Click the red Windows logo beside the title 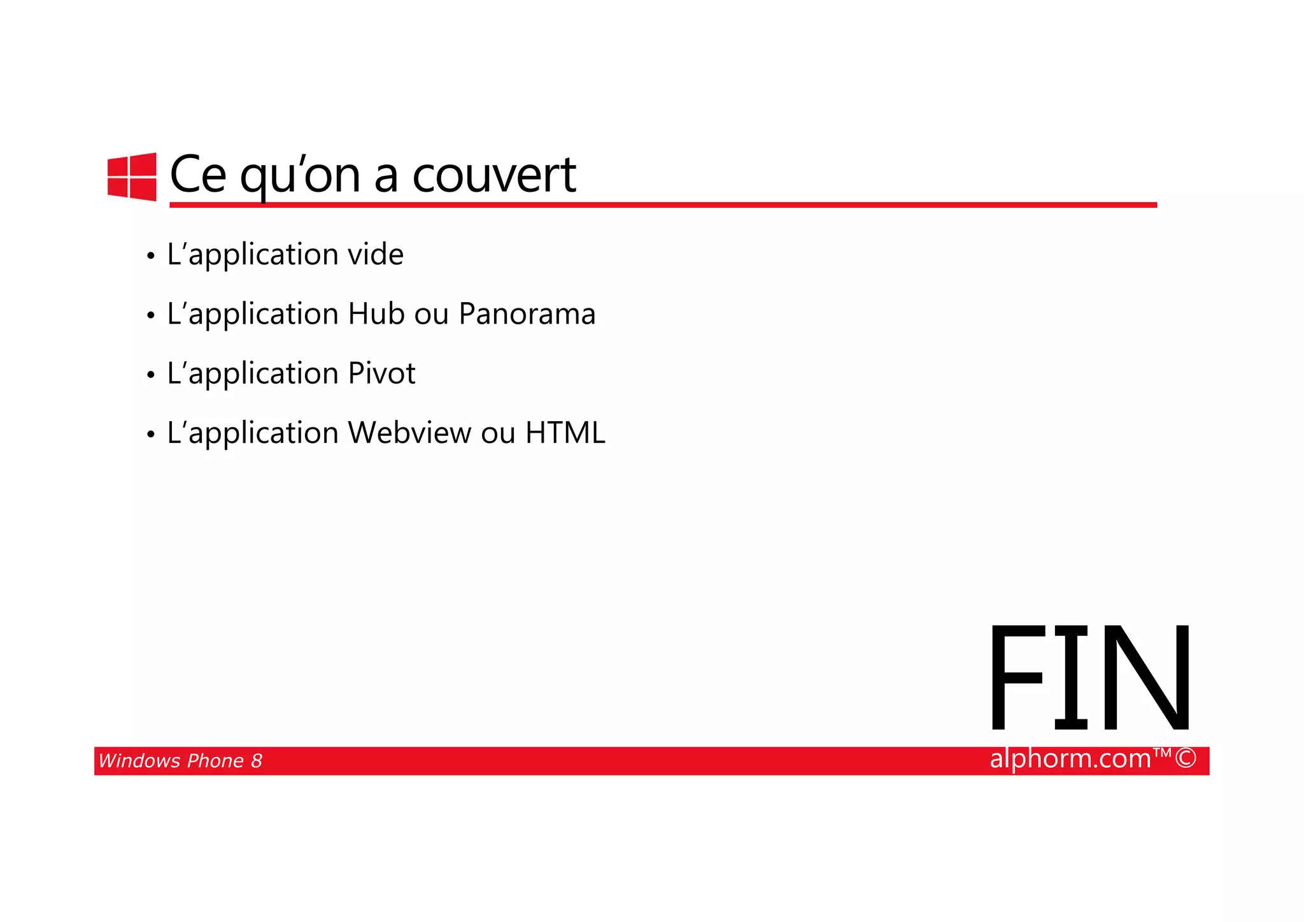132,176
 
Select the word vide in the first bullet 375,255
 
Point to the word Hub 376,313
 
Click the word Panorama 527,313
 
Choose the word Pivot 381,373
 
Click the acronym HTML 565,433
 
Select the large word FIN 1089,678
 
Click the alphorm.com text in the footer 1070,759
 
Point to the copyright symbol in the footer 1186,759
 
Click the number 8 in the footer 256,761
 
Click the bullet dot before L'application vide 150,257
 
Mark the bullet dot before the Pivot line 150,375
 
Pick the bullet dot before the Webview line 150,435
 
